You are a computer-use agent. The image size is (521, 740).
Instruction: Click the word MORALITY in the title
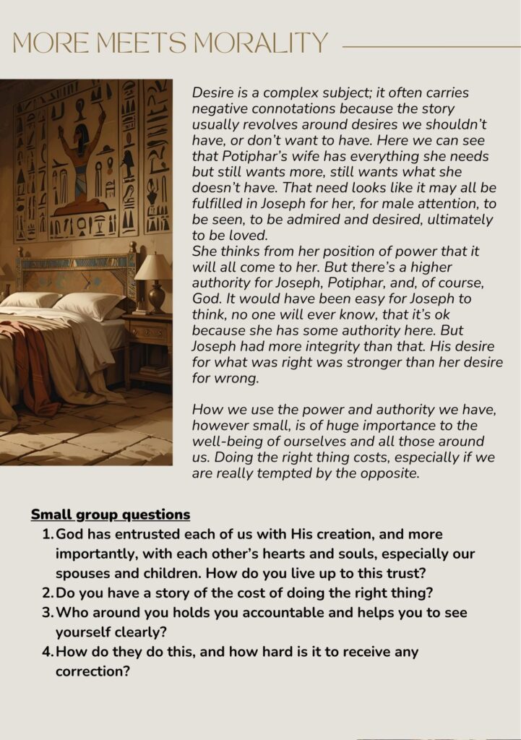click(x=261, y=43)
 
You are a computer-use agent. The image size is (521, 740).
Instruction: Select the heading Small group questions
click(x=110, y=515)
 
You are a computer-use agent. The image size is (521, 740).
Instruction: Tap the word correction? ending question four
click(x=92, y=671)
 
